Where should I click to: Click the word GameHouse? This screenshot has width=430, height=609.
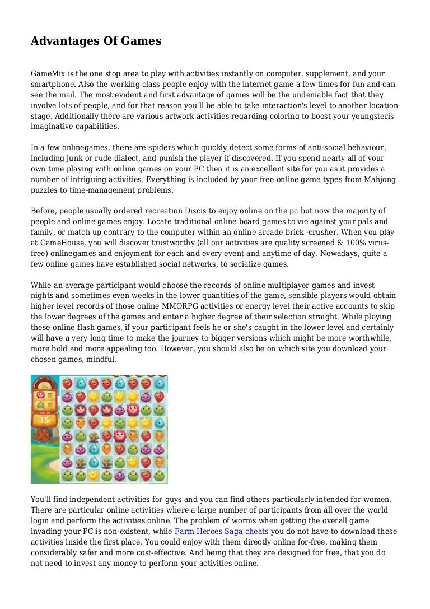(x=63, y=243)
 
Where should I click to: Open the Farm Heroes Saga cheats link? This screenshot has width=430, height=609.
(x=222, y=531)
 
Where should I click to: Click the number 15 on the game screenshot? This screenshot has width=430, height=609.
(x=45, y=419)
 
